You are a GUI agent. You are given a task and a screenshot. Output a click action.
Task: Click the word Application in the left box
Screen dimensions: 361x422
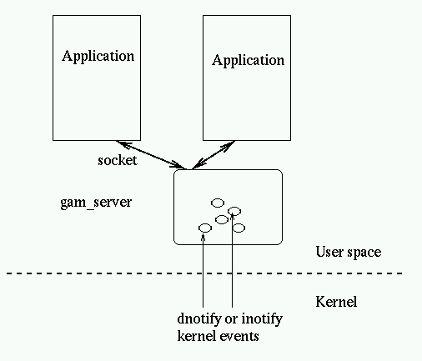(98, 57)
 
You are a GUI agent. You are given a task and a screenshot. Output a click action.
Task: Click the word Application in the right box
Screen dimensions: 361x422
(248, 61)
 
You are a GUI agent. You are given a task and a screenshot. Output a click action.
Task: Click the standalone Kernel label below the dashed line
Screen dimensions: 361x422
(338, 301)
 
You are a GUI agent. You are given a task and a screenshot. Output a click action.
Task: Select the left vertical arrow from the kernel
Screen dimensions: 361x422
(203, 275)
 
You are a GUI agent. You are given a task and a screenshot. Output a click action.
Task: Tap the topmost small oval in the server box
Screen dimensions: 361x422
(218, 202)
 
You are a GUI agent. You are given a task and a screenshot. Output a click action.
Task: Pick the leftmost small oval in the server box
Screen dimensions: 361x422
(204, 228)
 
